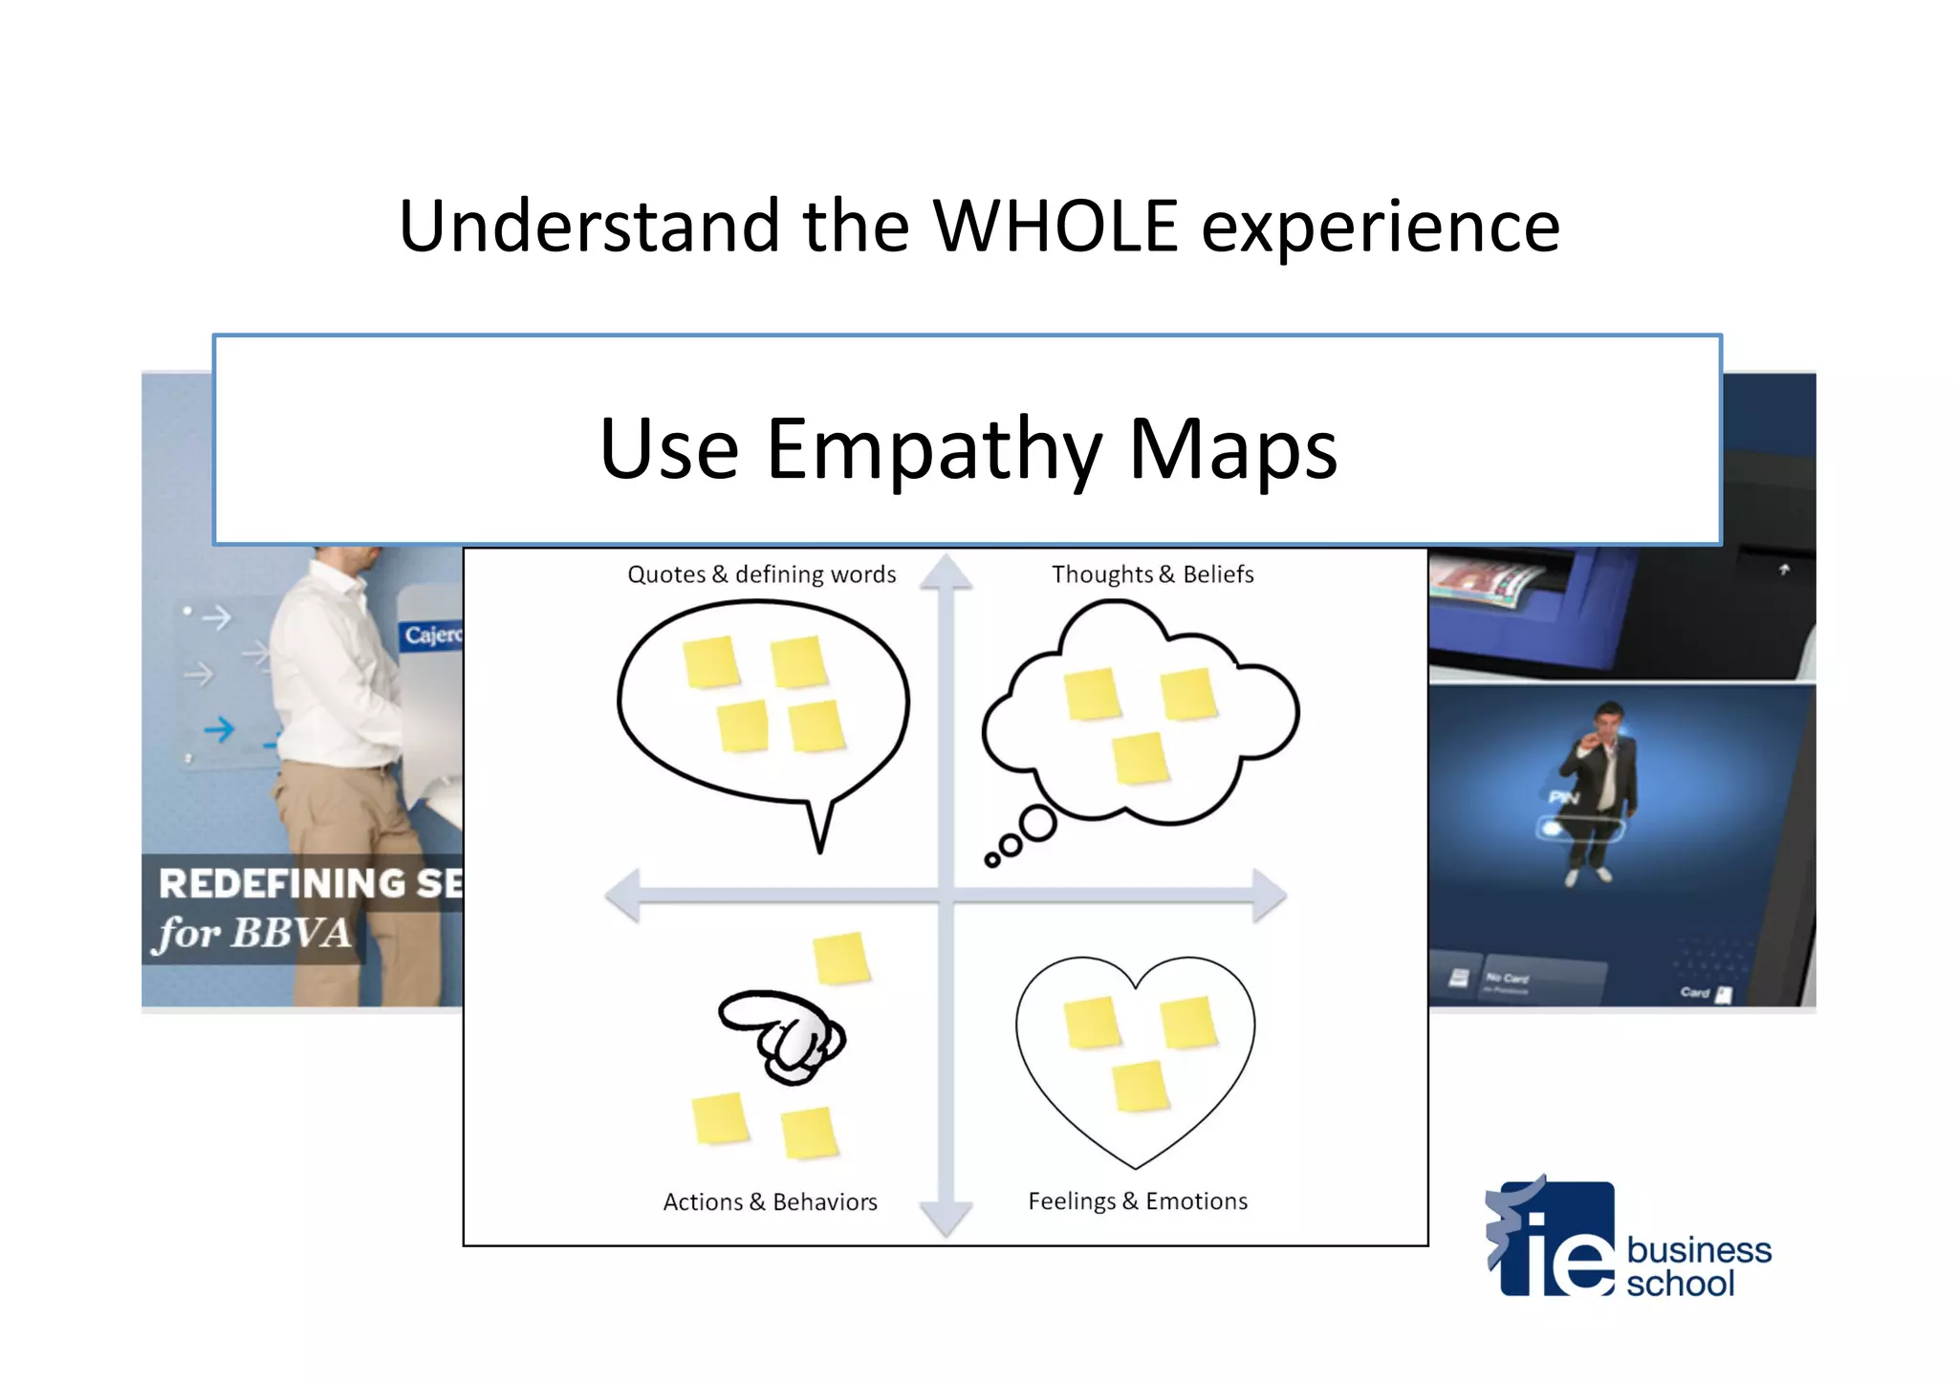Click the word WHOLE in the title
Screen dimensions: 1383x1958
point(1055,227)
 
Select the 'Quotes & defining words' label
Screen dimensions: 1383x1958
point(761,574)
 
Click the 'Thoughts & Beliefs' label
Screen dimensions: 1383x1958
point(1152,574)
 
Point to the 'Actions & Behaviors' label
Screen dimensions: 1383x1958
point(770,1202)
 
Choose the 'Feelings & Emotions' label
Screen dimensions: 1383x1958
point(1138,1201)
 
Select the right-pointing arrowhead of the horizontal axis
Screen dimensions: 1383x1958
point(1269,896)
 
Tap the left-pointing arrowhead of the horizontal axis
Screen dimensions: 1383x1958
point(623,896)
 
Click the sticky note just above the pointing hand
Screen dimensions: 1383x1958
point(841,958)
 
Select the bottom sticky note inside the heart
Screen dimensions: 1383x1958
point(1141,1088)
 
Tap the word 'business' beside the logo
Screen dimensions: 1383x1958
point(1699,1250)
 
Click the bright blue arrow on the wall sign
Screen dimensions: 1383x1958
point(219,730)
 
